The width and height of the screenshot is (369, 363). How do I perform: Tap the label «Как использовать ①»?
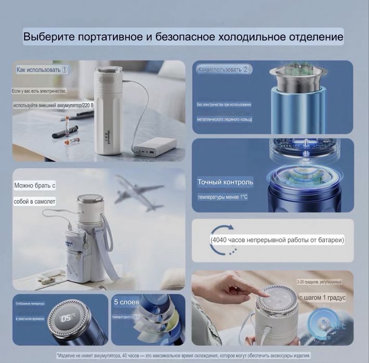tap(43, 69)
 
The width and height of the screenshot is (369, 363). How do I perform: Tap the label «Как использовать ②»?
tap(223, 69)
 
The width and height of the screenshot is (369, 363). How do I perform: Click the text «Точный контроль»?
tap(225, 182)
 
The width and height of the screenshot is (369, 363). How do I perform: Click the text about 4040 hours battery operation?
tap(277, 240)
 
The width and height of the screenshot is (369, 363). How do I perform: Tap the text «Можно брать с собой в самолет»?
tap(35, 193)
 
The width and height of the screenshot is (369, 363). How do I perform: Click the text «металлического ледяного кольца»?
tap(225, 119)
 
